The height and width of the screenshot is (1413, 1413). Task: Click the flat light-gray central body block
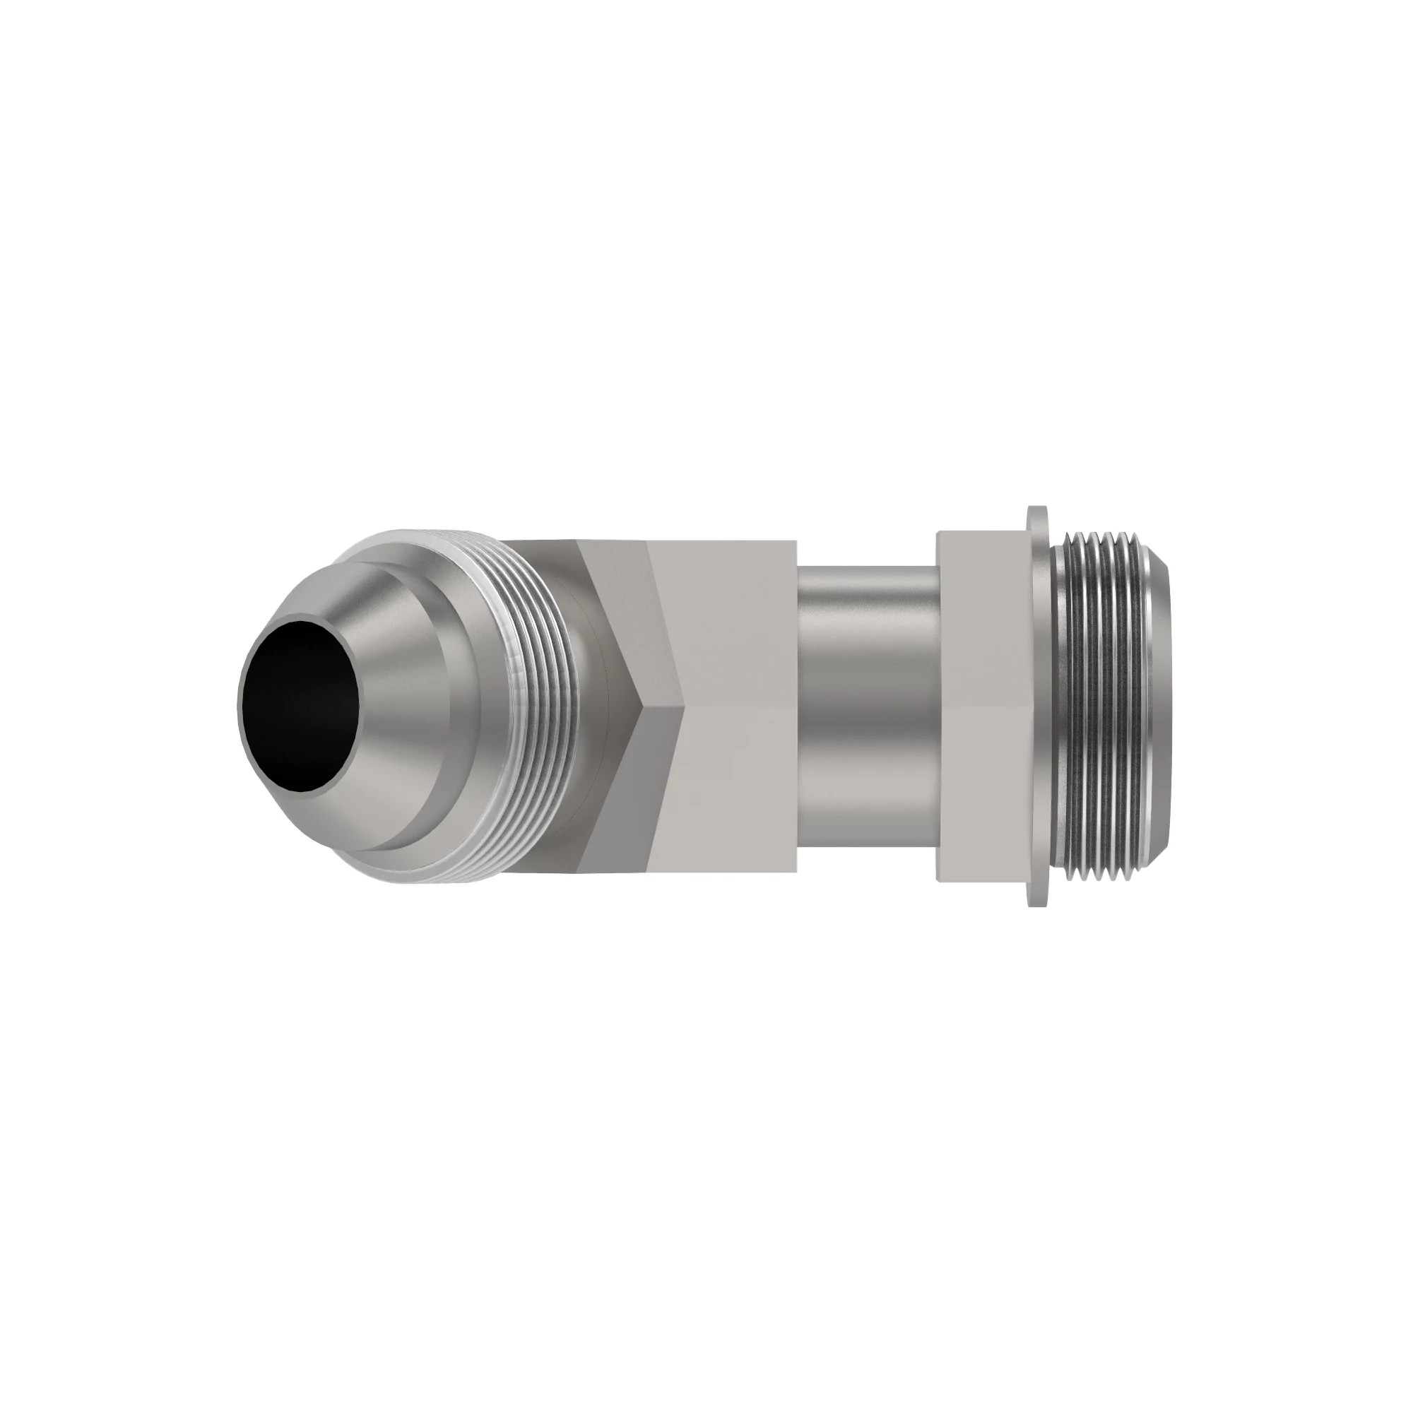click(739, 706)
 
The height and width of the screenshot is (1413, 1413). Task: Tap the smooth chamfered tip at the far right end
click(1163, 706)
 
